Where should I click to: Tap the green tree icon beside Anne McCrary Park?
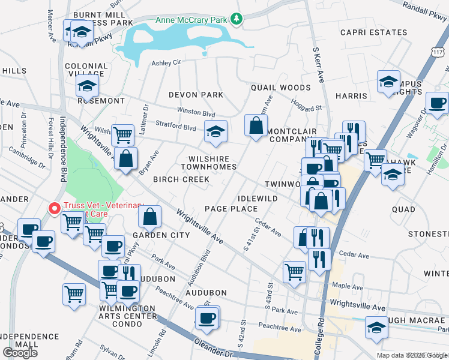237,19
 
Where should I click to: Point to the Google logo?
20,352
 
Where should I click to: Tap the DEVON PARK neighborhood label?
196,95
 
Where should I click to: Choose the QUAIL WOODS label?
280,88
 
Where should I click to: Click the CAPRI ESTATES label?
373,32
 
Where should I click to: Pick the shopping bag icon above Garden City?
151,217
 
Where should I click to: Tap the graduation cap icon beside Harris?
388,81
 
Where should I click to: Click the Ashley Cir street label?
166,62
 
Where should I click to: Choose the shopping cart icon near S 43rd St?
294,272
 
